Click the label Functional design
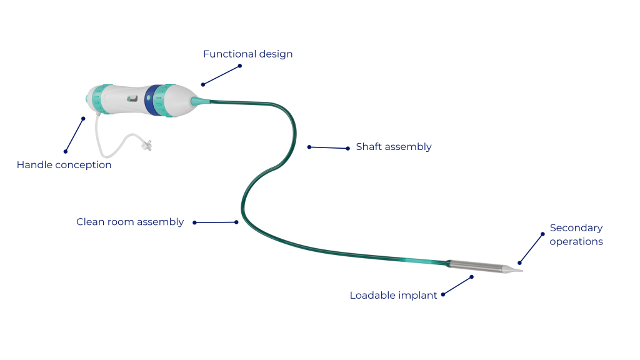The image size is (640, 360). click(x=247, y=54)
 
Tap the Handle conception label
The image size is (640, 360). click(x=64, y=165)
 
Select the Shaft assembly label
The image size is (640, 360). click(x=393, y=147)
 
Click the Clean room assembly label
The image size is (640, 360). click(x=130, y=222)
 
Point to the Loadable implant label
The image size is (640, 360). click(x=393, y=296)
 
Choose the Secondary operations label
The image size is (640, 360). click(x=576, y=234)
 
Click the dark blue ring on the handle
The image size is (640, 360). click(x=151, y=99)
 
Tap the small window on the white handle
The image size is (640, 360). click(x=132, y=98)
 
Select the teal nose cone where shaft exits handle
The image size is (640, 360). click(x=200, y=101)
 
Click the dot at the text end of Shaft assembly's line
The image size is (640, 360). click(x=348, y=149)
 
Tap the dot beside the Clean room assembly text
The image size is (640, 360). click(x=195, y=222)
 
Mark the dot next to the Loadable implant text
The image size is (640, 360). click(x=443, y=294)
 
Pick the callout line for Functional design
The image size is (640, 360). click(x=221, y=75)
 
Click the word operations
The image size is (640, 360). click(x=576, y=241)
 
